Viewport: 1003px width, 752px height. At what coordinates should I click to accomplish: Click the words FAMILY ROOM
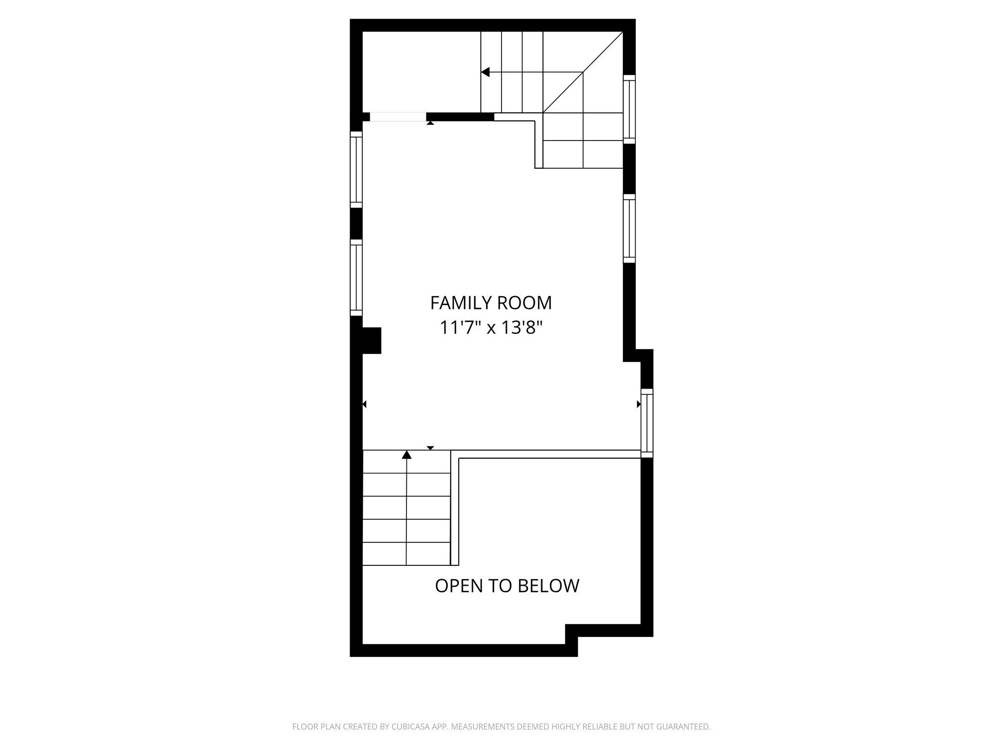click(x=491, y=303)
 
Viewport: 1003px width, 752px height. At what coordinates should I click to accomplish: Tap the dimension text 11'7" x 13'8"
click(x=492, y=328)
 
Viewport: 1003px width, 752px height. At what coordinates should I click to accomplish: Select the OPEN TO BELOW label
click(x=507, y=586)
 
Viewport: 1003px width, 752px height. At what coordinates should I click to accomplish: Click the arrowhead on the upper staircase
click(x=485, y=72)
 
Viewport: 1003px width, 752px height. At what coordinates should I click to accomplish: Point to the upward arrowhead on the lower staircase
click(x=406, y=455)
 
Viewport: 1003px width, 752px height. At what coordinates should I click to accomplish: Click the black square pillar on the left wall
click(x=371, y=340)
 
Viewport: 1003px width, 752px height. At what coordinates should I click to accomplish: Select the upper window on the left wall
click(x=356, y=169)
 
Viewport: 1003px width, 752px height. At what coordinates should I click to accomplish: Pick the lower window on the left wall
click(x=356, y=278)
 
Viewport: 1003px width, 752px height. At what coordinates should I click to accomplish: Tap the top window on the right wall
click(x=629, y=109)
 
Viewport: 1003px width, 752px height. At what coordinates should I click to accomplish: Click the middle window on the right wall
click(x=629, y=229)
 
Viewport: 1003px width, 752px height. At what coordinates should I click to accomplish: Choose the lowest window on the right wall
click(x=647, y=423)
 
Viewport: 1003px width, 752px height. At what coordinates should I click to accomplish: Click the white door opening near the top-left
click(x=398, y=117)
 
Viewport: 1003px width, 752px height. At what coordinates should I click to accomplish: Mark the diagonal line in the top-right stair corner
click(x=583, y=72)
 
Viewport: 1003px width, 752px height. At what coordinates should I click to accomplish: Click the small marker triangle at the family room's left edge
click(x=364, y=404)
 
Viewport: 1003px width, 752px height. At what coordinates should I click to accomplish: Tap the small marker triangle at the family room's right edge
click(x=639, y=404)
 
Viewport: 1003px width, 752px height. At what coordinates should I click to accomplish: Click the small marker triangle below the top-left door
click(x=430, y=123)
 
